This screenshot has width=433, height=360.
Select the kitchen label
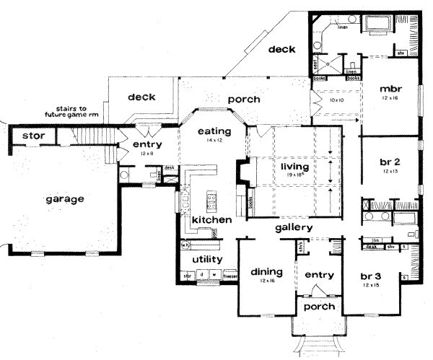211,219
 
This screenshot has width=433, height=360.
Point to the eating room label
214,131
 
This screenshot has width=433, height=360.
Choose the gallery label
293,228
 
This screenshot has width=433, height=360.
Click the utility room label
206,259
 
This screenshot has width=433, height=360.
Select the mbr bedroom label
390,89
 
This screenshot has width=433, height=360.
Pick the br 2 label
390,162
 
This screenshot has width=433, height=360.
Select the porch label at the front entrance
320,307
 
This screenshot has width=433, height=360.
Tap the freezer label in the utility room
229,276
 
